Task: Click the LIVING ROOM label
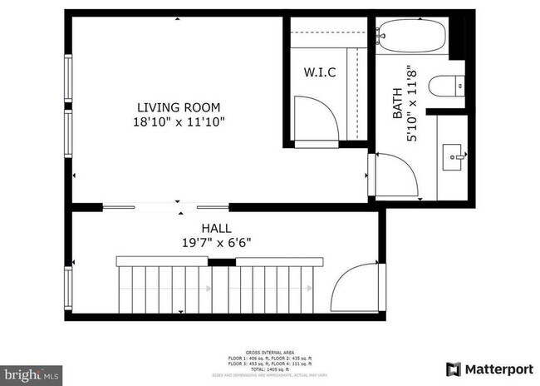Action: [x=179, y=106]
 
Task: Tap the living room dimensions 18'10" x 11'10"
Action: [x=179, y=121]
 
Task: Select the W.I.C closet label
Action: [x=320, y=72]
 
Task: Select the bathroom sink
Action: [x=455, y=153]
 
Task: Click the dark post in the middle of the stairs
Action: [x=219, y=263]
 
